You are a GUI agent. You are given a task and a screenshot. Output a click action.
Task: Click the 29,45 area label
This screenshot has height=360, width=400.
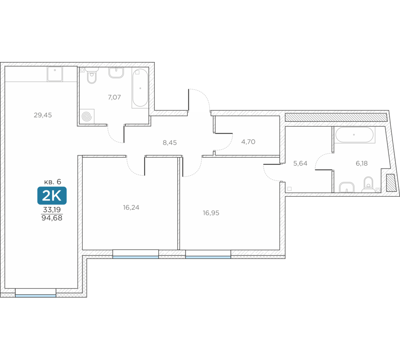[x=43, y=115]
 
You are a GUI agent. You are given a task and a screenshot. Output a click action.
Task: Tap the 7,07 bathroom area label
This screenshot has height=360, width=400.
[x=114, y=97]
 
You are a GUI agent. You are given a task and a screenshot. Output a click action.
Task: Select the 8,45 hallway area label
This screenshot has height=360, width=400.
[x=170, y=143]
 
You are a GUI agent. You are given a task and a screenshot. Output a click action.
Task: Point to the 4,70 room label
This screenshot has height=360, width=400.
[x=248, y=142]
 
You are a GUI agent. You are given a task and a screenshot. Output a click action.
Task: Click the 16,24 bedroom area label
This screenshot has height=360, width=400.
[x=131, y=208]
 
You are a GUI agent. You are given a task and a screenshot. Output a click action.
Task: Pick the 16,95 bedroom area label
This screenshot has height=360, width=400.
[x=211, y=213]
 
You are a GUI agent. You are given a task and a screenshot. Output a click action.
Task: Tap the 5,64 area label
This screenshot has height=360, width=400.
[x=300, y=163]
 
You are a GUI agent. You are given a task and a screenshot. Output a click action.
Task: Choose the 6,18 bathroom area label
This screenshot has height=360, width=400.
[x=362, y=163]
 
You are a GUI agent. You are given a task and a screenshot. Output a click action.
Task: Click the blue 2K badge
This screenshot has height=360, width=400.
[x=52, y=196]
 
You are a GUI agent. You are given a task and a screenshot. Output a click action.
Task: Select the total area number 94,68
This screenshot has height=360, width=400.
[x=52, y=218]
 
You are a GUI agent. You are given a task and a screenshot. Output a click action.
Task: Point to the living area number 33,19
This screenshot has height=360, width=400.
[x=52, y=210]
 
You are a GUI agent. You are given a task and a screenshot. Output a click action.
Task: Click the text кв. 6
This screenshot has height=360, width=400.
[x=52, y=182]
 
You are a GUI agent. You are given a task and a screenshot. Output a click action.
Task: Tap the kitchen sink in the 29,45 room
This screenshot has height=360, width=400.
[x=55, y=74]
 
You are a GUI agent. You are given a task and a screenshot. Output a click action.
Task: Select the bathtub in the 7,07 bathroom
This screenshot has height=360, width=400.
[x=140, y=88]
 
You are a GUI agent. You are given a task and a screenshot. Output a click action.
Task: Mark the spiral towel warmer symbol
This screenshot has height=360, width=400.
[x=87, y=116]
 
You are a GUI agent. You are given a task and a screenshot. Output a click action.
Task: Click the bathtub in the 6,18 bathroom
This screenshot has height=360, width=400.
[x=354, y=135]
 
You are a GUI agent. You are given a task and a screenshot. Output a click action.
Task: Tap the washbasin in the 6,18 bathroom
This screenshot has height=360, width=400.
[x=347, y=187]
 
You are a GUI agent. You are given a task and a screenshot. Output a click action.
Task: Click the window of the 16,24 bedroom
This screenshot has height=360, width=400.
[x=136, y=254]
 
